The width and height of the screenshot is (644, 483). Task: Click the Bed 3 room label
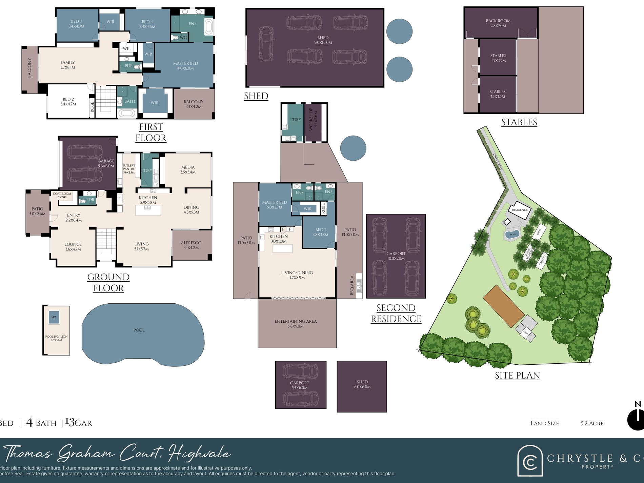coord(76,23)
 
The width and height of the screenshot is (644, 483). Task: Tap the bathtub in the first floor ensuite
coord(208,27)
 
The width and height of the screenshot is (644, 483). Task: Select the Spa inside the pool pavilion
coord(54,317)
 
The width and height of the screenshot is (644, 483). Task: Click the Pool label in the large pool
coord(139,330)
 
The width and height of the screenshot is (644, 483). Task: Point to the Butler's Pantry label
coord(129,169)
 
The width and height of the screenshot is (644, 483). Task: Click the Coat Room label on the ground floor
coord(62,195)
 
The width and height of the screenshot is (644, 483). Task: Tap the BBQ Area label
coord(352,285)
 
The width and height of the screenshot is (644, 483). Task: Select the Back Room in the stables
coord(498,23)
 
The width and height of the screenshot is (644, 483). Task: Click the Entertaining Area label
coord(296,323)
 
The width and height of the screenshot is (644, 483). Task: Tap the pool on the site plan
coord(513,234)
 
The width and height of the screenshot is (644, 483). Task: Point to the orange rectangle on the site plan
coord(503,306)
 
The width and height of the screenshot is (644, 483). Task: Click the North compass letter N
coord(638,404)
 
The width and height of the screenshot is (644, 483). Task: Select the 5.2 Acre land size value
coord(592,423)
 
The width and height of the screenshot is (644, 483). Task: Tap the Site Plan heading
coord(517,375)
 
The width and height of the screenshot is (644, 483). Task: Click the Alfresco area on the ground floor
coord(191,245)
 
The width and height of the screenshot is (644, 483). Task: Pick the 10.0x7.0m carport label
coord(396,256)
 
